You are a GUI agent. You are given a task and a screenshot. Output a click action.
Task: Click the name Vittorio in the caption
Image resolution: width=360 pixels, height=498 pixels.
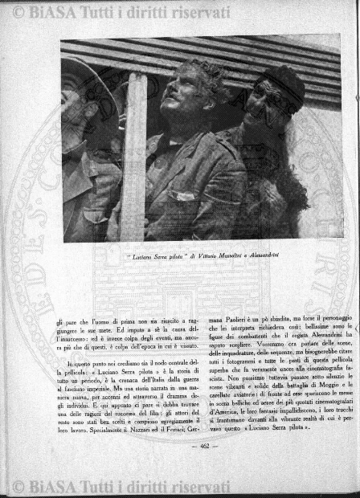coord(194,256)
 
